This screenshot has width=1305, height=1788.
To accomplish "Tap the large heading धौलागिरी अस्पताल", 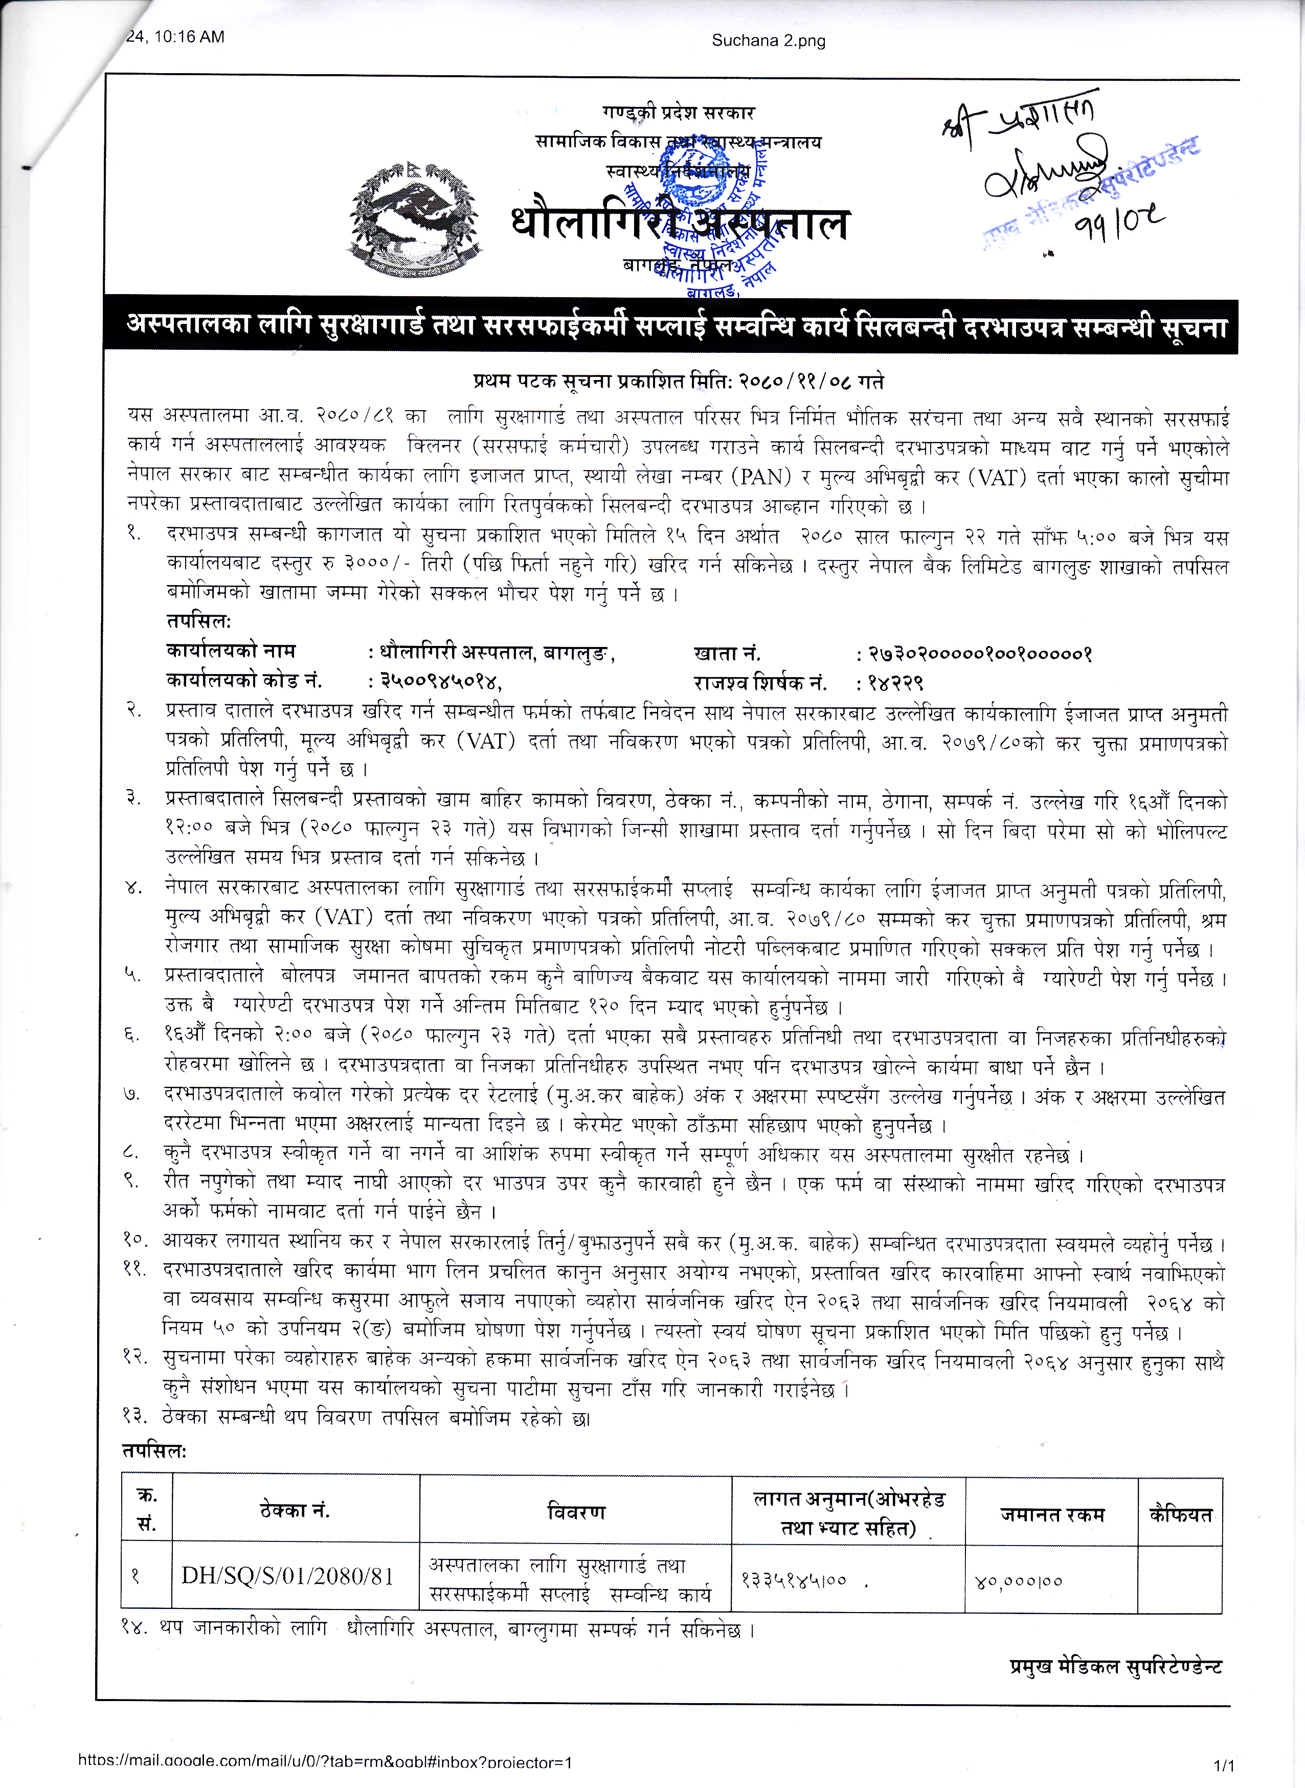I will tap(680, 223).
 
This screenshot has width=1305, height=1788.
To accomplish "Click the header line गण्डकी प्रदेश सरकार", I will tap(678, 113).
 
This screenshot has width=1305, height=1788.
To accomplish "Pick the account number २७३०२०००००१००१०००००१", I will tap(980, 654).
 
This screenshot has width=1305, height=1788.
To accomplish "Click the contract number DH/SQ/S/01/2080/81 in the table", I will tap(287, 1576).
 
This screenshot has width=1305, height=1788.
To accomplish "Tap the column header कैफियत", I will tap(1179, 1514).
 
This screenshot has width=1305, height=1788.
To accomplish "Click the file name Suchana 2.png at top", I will tap(768, 40).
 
